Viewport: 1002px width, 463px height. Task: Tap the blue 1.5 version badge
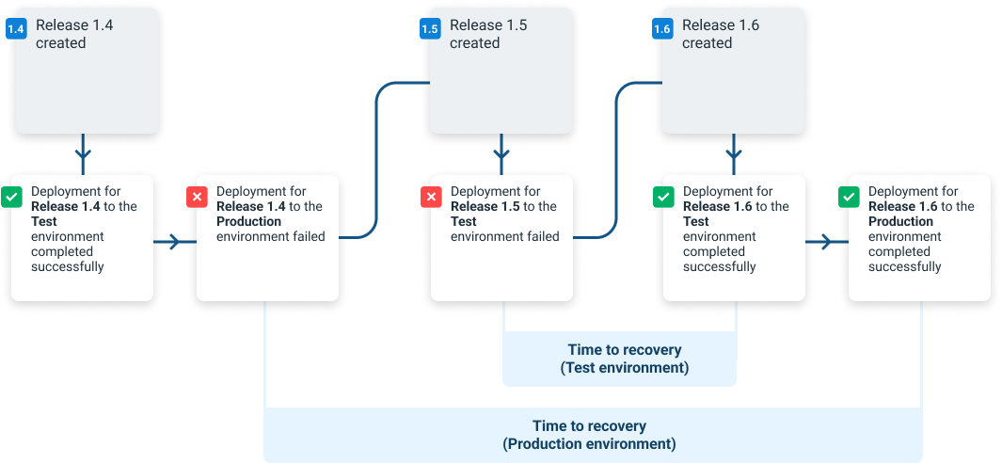pyautogui.click(x=429, y=29)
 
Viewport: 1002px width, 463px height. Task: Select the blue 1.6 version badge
pyautogui.click(x=662, y=29)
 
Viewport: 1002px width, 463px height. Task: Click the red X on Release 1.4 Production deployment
pyautogui.click(x=198, y=198)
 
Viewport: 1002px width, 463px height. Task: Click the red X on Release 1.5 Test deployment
pyautogui.click(x=431, y=198)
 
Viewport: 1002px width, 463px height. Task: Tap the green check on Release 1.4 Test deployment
pyautogui.click(x=12, y=198)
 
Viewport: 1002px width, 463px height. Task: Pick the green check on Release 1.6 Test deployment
pyautogui.click(x=663, y=198)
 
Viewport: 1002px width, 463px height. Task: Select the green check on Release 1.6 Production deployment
pyautogui.click(x=849, y=198)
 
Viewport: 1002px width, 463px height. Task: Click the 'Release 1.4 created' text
pyautogui.click(x=74, y=34)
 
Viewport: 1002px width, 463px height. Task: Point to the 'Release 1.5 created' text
pyautogui.click(x=487, y=34)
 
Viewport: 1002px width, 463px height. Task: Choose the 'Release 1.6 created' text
pyautogui.click(x=720, y=34)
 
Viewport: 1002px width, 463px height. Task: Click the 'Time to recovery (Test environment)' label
pyautogui.click(x=624, y=359)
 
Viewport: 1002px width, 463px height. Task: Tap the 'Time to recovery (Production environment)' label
pyautogui.click(x=589, y=435)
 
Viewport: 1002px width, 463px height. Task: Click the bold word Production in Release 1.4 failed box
pyautogui.click(x=248, y=222)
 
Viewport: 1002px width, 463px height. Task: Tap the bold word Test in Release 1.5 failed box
pyautogui.click(x=464, y=222)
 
